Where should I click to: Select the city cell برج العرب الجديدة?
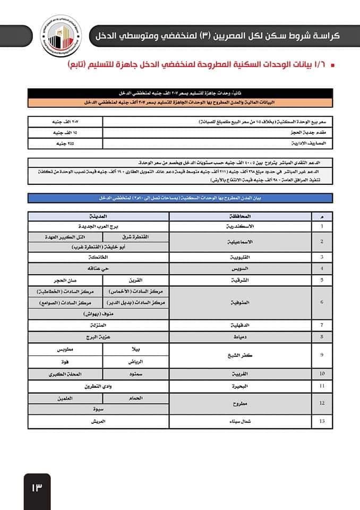click(98, 226)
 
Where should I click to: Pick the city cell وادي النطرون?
click(98, 386)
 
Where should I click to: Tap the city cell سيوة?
click(98, 410)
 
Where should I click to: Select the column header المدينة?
click(98, 217)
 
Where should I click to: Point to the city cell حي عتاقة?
click(98, 269)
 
